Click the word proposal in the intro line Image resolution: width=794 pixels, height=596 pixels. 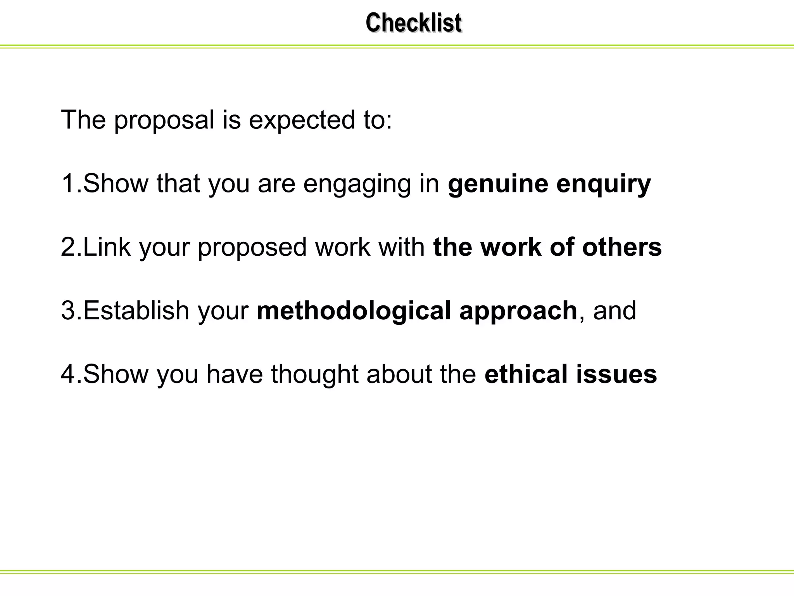(164, 120)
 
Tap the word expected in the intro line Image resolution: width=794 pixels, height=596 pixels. (302, 120)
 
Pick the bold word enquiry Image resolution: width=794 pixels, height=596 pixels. (604, 184)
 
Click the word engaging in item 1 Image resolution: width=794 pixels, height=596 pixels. (357, 184)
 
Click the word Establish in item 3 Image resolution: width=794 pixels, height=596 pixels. (136, 311)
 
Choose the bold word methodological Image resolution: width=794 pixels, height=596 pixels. (354, 312)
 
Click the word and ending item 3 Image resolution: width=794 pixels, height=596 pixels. (614, 311)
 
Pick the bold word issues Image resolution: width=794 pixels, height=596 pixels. (616, 374)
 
